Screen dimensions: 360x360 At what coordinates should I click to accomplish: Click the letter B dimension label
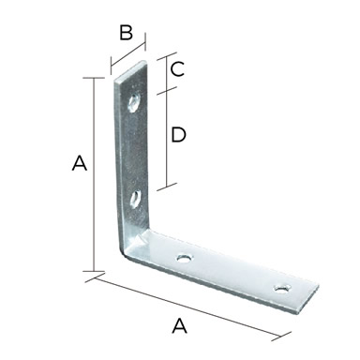click(x=127, y=33)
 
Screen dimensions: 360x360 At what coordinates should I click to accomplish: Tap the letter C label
click(x=177, y=69)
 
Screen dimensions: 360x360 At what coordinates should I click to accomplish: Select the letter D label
click(x=178, y=135)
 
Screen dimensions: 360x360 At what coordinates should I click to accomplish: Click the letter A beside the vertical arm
click(x=80, y=163)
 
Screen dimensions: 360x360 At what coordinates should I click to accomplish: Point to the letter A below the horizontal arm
click(x=180, y=325)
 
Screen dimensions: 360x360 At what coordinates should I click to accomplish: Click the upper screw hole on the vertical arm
click(x=134, y=102)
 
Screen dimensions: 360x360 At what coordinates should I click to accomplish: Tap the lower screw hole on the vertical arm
click(x=135, y=199)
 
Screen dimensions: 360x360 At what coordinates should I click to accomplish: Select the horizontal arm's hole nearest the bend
click(x=185, y=258)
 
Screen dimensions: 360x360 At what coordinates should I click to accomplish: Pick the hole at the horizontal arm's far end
click(x=282, y=288)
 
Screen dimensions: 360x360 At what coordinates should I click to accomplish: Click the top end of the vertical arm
click(x=130, y=71)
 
